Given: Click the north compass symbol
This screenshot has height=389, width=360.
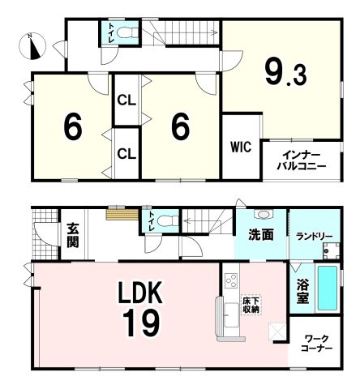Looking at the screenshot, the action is [x=32, y=46].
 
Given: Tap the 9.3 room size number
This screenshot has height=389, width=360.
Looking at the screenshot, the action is [x=286, y=72].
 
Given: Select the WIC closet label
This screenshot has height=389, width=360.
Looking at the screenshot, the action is [x=241, y=147].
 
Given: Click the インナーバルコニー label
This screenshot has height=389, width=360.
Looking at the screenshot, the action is [x=302, y=160].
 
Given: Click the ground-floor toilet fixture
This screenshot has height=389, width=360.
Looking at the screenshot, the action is [x=168, y=220].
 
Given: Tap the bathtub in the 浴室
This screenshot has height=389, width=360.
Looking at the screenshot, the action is [x=328, y=289].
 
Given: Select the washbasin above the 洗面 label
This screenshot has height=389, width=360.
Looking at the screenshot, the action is [x=264, y=214].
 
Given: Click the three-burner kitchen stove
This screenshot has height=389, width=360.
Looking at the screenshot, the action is [x=231, y=280].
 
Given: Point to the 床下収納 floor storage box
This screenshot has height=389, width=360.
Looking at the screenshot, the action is [x=251, y=305].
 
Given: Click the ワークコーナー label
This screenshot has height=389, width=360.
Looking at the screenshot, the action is [x=316, y=343].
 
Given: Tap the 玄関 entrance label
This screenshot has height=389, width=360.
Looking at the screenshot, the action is [x=73, y=235].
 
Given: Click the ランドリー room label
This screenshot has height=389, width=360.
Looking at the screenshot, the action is [x=314, y=237].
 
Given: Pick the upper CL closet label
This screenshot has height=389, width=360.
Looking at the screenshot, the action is [x=126, y=101].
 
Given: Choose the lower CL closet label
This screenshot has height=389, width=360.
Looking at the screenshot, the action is [x=126, y=154].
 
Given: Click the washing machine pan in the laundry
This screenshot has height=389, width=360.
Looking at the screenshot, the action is [x=331, y=250].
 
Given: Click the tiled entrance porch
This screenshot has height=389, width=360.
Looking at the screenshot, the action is [x=45, y=234].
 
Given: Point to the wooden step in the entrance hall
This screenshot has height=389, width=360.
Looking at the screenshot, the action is [x=122, y=214].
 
